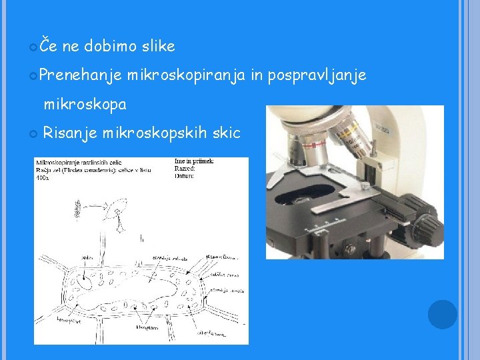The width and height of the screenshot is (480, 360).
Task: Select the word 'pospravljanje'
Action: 317,76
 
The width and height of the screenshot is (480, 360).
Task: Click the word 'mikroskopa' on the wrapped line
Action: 85,105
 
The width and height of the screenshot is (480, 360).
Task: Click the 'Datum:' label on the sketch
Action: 185,176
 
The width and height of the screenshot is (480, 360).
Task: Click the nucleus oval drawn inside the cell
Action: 85,281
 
